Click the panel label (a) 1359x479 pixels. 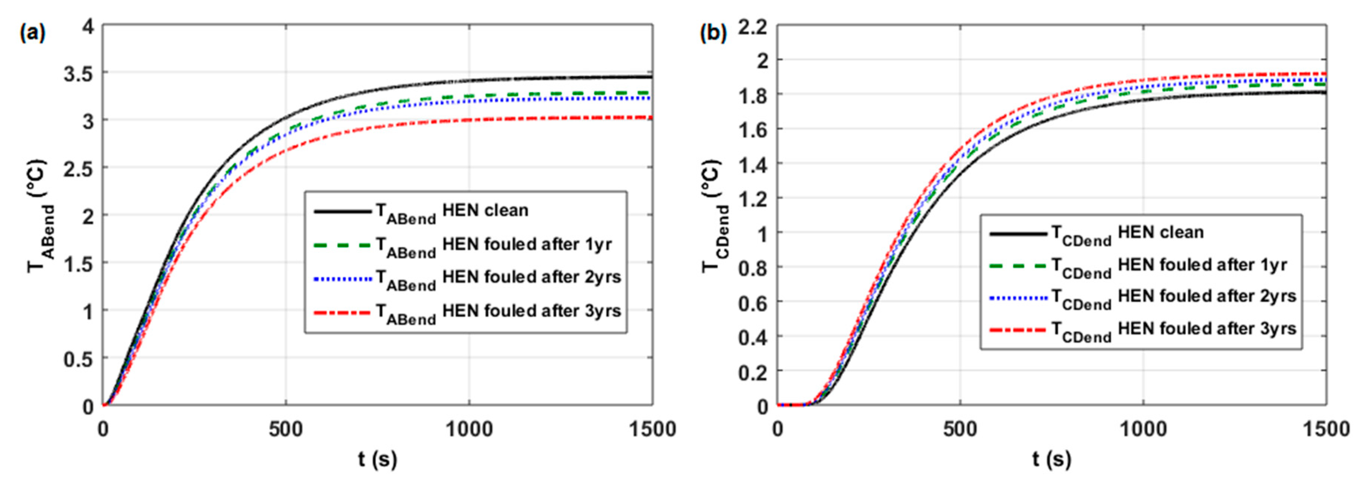33,34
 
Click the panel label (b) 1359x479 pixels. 713,34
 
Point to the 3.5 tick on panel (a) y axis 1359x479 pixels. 79,73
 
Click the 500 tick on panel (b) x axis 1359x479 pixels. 960,429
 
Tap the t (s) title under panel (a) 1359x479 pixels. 377,460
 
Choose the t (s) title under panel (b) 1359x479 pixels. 1051,460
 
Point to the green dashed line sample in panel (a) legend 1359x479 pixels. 342,245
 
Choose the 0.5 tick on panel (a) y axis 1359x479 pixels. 79,359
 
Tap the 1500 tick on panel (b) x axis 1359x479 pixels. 1325,429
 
